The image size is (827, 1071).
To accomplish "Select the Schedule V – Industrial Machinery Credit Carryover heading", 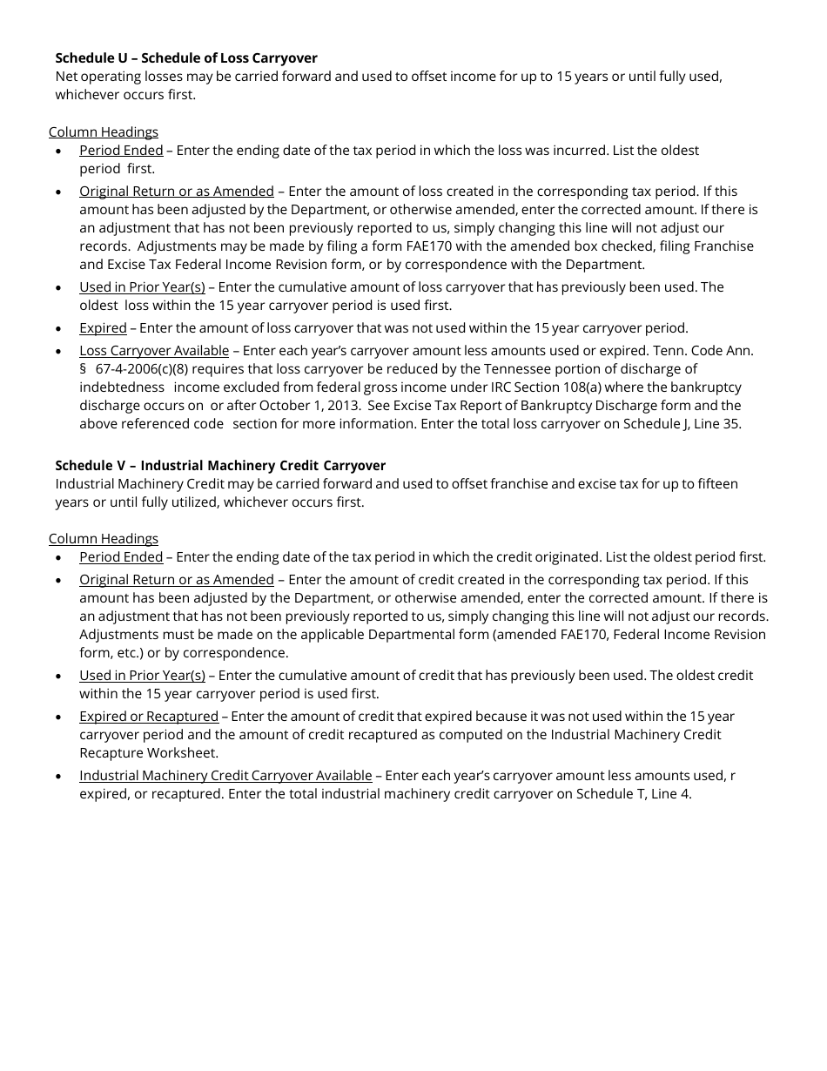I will [220, 465].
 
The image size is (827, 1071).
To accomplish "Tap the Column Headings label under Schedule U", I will [104, 131].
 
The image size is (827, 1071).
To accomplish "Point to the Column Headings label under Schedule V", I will [104, 538].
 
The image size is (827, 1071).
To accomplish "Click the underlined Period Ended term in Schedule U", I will [121, 150].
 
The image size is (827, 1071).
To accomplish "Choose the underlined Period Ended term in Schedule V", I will [121, 556].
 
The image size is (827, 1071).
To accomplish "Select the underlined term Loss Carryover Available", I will [154, 350].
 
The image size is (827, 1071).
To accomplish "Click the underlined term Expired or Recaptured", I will [149, 716].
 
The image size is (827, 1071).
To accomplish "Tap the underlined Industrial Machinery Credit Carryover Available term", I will [225, 775].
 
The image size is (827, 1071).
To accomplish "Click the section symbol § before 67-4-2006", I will [84, 368].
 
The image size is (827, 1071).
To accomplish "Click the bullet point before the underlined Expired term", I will [58, 329].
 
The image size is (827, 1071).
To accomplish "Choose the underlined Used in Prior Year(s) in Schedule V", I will [142, 675].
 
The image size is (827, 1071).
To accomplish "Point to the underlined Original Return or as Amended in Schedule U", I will [177, 191].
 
